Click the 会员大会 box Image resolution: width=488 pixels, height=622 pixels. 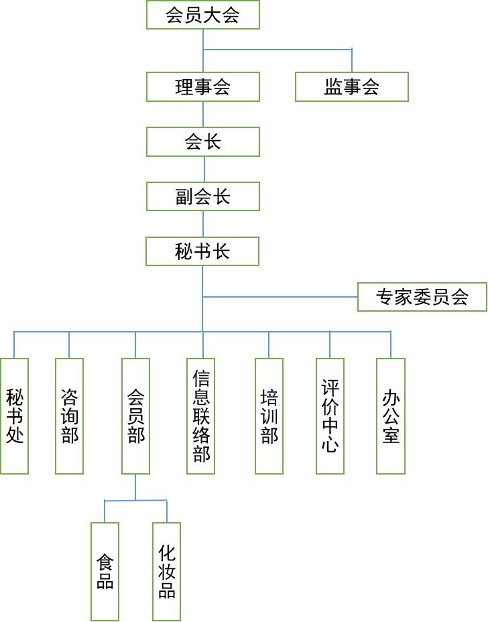(202, 15)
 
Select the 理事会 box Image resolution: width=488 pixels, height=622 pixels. (202, 87)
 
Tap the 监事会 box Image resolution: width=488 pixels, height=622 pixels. (351, 87)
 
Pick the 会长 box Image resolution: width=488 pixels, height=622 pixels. (202, 142)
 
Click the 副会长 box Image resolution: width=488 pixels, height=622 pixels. (202, 197)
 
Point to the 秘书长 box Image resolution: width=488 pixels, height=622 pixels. (202, 252)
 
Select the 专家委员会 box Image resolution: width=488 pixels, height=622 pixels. (422, 297)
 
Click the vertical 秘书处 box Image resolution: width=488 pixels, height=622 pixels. (14, 416)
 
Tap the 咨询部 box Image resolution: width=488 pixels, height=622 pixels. (69, 416)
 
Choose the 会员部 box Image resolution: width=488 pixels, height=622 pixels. (135, 416)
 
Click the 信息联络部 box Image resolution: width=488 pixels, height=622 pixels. (200, 416)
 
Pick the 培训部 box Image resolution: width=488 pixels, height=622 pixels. (269, 416)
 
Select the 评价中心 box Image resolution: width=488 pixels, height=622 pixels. (330, 416)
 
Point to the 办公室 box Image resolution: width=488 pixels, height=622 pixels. (391, 416)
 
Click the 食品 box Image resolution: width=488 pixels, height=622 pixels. (105, 571)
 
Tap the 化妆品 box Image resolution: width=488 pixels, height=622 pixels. (167, 571)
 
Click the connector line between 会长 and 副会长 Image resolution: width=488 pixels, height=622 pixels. (202, 170)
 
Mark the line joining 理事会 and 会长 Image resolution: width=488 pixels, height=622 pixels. (202, 115)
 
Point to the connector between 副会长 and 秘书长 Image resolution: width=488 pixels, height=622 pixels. (202, 225)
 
